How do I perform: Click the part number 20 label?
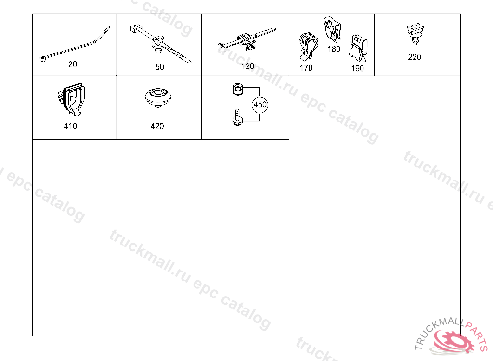point(73,64)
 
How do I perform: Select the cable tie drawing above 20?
point(76,44)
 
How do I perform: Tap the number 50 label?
point(160,67)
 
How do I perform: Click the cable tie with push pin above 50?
point(160,44)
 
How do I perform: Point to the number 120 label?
point(248,66)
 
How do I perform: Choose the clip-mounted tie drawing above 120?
point(247,41)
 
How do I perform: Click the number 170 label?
point(306,68)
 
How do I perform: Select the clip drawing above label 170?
point(308,47)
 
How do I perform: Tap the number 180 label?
point(334,49)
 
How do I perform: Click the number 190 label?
point(358,68)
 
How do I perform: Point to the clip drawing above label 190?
point(358,48)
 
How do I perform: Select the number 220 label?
point(415,57)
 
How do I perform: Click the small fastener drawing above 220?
point(415,34)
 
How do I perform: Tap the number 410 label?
point(70,126)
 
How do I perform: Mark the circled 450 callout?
point(259,104)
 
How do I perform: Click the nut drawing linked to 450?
point(237,90)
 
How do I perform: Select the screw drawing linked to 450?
point(237,117)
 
